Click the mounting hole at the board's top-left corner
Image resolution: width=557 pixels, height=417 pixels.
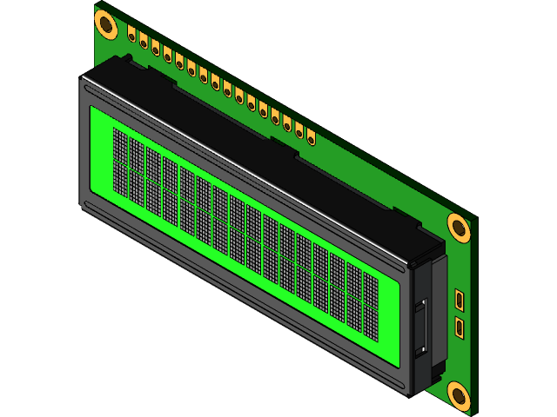106,24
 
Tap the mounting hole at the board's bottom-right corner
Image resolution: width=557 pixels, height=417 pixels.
459,394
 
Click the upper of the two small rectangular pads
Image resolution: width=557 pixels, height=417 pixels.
459,301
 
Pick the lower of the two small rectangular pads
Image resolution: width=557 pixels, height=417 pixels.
459,328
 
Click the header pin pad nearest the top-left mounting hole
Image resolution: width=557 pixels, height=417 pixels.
131,36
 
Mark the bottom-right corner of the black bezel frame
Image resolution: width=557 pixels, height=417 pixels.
409,396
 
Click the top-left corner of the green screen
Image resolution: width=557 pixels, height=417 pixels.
91,107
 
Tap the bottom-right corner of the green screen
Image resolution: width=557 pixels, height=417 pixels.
399,356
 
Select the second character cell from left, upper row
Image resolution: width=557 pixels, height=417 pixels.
137,156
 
